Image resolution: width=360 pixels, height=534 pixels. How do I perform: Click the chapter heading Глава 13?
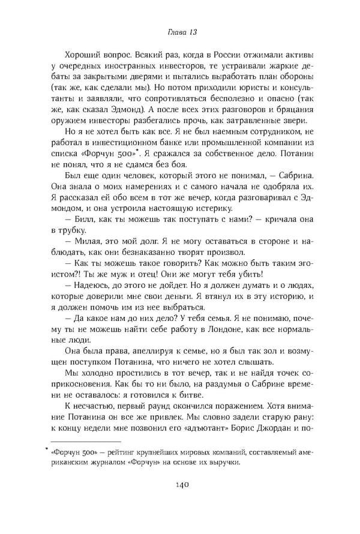(179, 31)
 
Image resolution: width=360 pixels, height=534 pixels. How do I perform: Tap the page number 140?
(179, 502)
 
